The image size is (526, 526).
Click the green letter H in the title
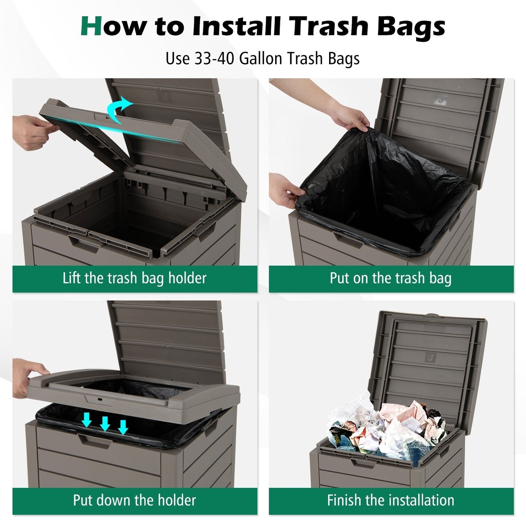point(91,27)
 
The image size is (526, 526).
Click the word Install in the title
point(237,27)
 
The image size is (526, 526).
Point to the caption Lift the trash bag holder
point(134,278)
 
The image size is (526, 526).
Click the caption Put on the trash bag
point(391,278)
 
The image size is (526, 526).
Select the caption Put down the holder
point(134,501)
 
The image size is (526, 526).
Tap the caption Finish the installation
point(391,501)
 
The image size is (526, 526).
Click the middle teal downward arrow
point(105,423)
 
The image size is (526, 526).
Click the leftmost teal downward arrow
point(86,420)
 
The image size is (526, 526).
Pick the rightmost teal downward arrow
point(123,427)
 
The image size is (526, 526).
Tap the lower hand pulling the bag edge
point(288,189)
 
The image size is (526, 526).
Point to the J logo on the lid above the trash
point(431,357)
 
